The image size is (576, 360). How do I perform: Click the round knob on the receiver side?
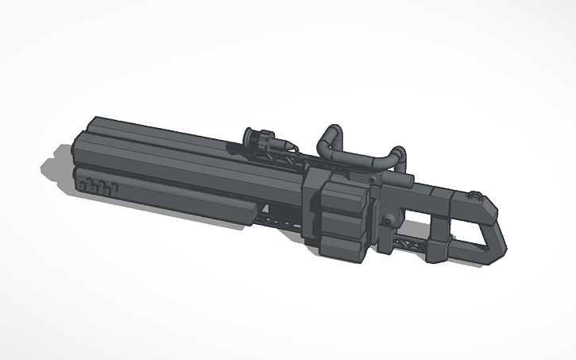[388, 219]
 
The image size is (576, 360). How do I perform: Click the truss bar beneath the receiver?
[409, 242]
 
